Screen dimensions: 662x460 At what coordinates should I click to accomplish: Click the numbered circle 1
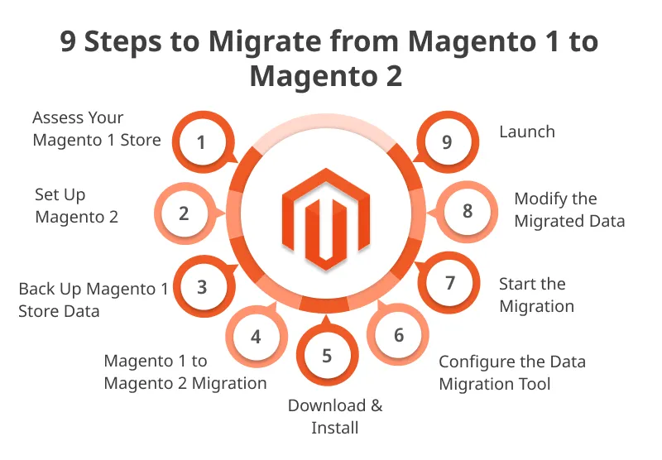click(203, 141)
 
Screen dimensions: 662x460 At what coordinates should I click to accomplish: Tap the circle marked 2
click(185, 213)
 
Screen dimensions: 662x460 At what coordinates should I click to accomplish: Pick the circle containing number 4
click(257, 337)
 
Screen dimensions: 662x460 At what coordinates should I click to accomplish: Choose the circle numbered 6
click(398, 335)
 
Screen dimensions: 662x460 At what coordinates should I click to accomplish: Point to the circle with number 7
click(449, 283)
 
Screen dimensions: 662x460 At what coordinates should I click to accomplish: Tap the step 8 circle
click(467, 212)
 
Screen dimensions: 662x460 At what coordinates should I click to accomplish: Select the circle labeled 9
click(448, 141)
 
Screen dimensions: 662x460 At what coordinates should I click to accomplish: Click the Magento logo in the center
click(326, 218)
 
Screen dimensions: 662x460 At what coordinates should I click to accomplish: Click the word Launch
click(527, 132)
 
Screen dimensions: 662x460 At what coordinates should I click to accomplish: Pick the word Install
click(335, 428)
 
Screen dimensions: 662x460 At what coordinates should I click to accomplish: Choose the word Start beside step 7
click(516, 285)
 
